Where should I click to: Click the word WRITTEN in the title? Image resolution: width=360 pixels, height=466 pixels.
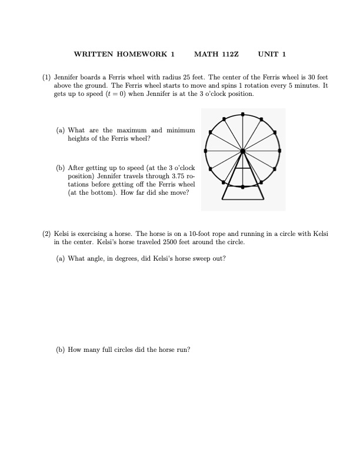pyautogui.click(x=94, y=54)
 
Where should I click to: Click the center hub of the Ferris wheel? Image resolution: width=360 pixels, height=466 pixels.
pyautogui.click(x=242, y=151)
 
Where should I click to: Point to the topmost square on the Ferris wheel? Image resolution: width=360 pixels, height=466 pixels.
pyautogui.click(x=242, y=114)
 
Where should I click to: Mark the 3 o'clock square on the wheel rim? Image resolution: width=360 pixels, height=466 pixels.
pyautogui.click(x=279, y=151)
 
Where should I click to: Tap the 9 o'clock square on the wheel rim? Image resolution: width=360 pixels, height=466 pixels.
pyautogui.click(x=205, y=151)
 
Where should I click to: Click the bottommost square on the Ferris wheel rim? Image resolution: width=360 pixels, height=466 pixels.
pyautogui.click(x=242, y=188)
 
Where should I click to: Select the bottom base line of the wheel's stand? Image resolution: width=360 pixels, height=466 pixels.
pyautogui.click(x=242, y=199)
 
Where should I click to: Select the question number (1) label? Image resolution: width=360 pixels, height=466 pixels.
pyautogui.click(x=46, y=77)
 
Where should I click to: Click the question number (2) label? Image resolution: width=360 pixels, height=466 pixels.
pyautogui.click(x=46, y=234)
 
